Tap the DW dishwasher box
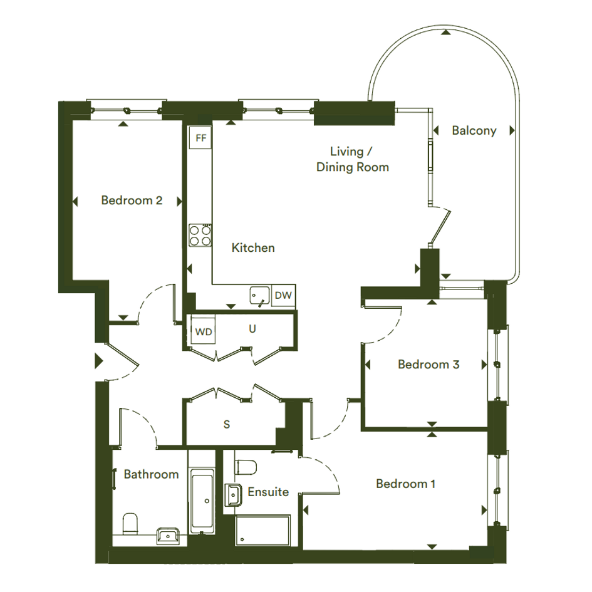pos(283,295)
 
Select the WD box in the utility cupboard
pos(203,332)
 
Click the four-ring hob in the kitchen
pos(200,235)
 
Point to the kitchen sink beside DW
pos(259,296)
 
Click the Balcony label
pos(474,131)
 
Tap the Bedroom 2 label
pos(132,200)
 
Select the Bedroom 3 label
pos(428,365)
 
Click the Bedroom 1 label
pos(405,484)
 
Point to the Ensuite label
pos(268,492)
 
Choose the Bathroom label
pos(151,474)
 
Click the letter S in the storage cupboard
pos(227,424)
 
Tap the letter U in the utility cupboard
pos(252,329)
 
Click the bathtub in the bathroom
pos(202,501)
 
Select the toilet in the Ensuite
pos(246,467)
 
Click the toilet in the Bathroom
pos(130,524)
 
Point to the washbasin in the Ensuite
pos(233,495)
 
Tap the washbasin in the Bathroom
pos(169,536)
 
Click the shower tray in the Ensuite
pos(262,530)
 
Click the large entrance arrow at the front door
pos(99,361)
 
